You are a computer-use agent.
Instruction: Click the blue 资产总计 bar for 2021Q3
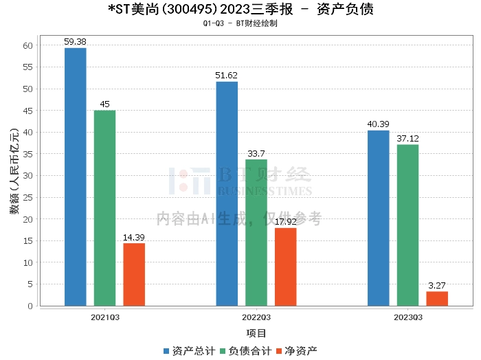[76, 177]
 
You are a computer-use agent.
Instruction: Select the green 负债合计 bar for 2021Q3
[105, 207]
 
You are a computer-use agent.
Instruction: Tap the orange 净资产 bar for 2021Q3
[134, 274]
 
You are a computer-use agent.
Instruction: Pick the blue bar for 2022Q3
[227, 193]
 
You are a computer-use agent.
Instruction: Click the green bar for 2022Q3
[256, 232]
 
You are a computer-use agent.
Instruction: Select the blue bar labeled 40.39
[378, 218]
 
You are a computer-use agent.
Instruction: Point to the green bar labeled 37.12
[407, 225]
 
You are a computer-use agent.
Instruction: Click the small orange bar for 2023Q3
[437, 298]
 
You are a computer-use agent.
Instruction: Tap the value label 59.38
[76, 42]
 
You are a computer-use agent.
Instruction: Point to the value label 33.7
[256, 154]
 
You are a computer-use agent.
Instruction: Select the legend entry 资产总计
[188, 350]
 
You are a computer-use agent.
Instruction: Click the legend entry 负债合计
[245, 350]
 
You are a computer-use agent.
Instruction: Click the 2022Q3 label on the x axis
[256, 317]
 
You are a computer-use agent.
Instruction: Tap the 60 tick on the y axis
[27, 46]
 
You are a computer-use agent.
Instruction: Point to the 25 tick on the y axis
[27, 197]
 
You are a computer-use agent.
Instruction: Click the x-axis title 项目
[256, 333]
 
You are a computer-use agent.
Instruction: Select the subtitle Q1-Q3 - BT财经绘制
[240, 23]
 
